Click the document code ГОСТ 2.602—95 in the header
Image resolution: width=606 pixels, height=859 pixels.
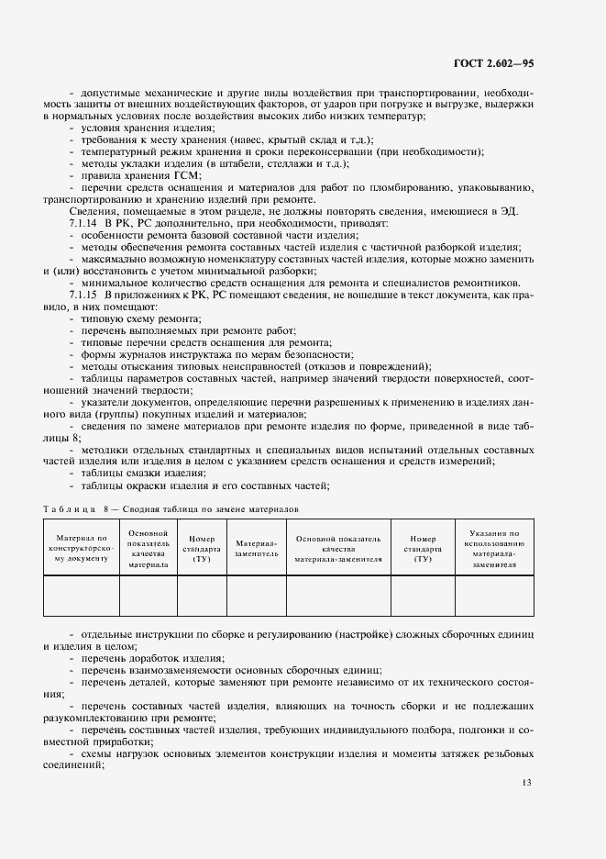(493, 63)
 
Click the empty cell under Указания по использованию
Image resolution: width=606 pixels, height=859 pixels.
(494, 595)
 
